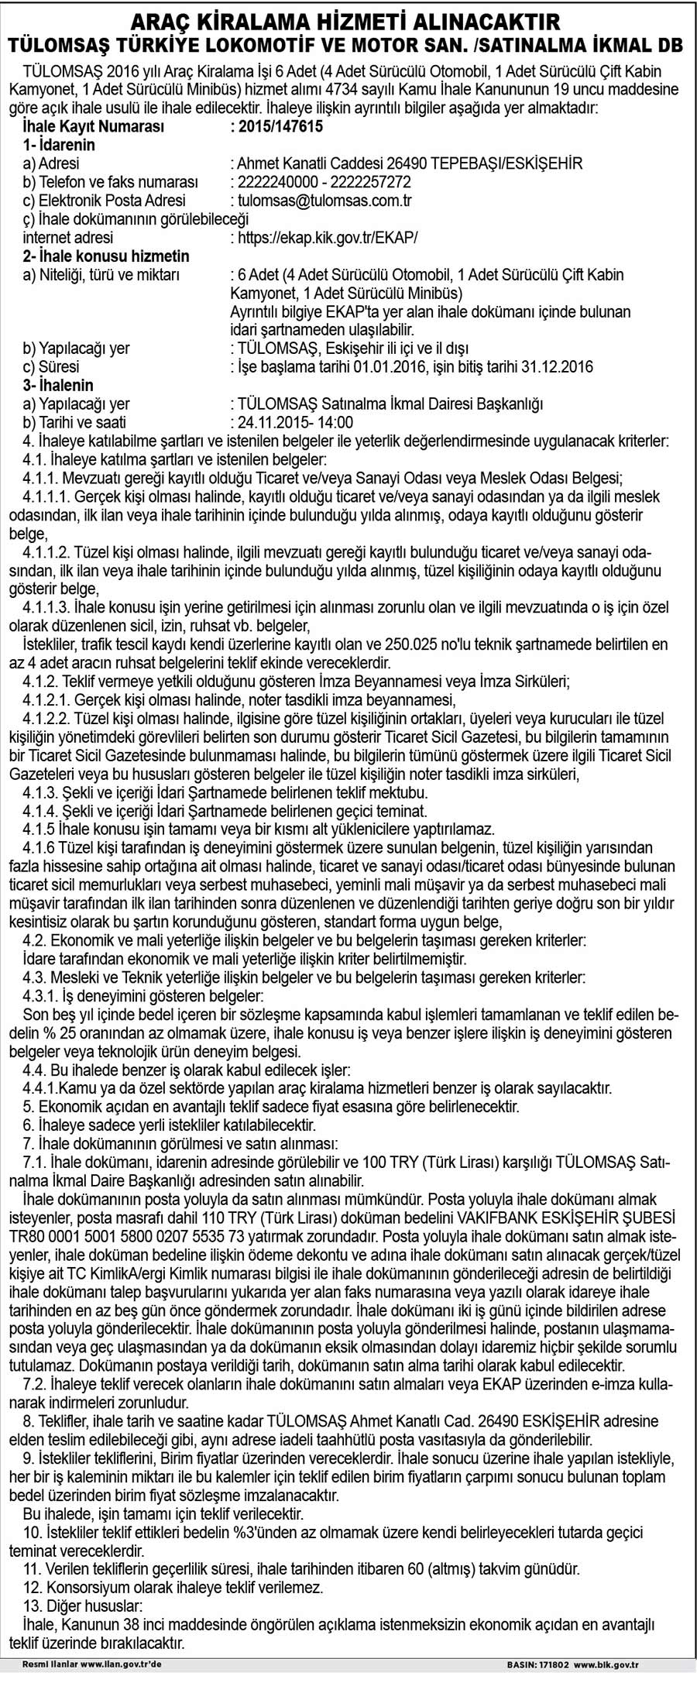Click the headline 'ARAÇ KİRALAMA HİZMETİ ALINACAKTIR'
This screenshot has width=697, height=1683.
[348, 19]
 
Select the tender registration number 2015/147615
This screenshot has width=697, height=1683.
[276, 126]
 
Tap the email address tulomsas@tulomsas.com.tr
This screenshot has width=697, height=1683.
[324, 201]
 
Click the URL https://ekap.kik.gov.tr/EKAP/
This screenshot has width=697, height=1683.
[327, 238]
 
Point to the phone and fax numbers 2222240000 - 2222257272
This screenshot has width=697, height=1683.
[324, 182]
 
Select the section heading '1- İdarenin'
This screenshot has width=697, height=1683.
[59, 145]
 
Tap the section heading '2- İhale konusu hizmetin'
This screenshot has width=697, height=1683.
[106, 256]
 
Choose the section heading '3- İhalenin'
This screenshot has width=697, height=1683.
[58, 385]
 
